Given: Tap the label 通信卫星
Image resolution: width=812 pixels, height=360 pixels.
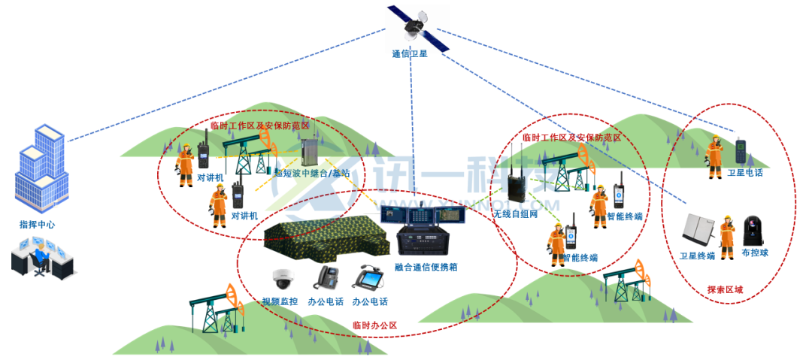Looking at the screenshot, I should tap(410, 55).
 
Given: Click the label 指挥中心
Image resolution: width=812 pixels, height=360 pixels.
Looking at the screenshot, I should tap(38, 225).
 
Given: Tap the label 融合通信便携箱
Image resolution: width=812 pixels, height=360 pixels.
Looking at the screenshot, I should tap(426, 267).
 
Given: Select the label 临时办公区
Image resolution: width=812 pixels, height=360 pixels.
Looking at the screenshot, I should tap(374, 325).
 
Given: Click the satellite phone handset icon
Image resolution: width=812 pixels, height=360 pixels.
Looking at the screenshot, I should tap(741, 150).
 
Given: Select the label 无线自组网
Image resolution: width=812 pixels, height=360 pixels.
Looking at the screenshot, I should tap(516, 215).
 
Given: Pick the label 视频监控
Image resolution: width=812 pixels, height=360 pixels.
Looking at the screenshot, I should tap(280, 302).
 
